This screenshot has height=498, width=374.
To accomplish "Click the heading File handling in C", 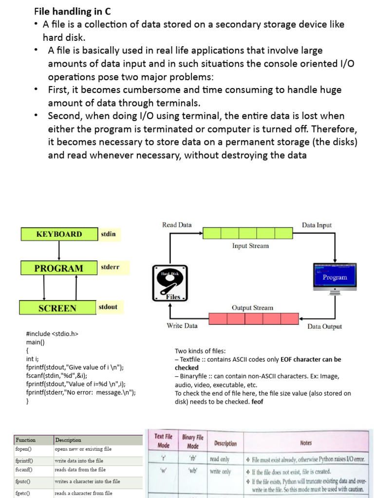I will (73, 11).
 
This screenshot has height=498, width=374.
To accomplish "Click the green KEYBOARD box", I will (59, 234).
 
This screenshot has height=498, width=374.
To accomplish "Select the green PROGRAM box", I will (58, 268).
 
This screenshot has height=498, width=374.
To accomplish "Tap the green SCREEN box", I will (57, 308).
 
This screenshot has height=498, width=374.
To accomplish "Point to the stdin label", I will (108, 234).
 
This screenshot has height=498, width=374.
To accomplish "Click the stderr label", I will (110, 267).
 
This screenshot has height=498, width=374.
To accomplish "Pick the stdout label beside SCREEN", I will (108, 307).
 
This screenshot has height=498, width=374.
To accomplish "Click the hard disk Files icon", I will (170, 283).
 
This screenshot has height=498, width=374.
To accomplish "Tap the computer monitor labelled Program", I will (334, 278).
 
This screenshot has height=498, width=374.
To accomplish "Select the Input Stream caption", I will (250, 246).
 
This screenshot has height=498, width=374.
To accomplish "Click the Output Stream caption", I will (252, 308).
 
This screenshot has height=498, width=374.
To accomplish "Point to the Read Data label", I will (177, 225).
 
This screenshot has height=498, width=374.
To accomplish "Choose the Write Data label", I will (182, 326).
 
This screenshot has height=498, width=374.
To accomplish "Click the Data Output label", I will (324, 327).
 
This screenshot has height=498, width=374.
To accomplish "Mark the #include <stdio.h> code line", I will (52, 334).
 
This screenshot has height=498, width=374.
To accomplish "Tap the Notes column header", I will (306, 443).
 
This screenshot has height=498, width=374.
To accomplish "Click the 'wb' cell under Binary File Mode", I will (192, 471).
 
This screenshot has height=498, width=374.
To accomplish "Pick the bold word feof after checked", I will (257, 402).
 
